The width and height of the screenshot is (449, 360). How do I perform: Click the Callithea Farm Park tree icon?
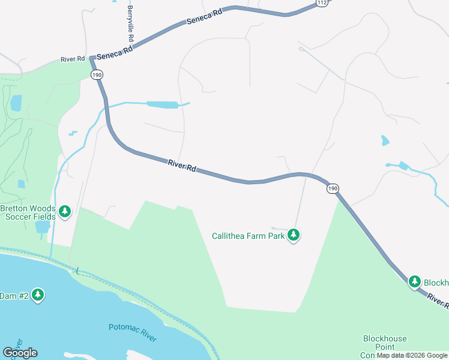click(294, 235)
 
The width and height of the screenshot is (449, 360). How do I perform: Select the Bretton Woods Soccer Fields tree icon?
click(65, 211)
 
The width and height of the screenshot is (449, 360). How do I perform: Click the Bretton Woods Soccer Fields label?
click(28, 212)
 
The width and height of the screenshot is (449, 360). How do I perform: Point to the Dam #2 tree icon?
click(38, 295)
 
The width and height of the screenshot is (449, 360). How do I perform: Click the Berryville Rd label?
click(130, 20)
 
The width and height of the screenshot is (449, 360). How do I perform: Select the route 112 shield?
click(322, 3)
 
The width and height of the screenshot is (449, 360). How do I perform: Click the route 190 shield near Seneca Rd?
click(97, 74)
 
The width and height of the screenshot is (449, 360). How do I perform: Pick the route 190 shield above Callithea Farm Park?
click(333, 188)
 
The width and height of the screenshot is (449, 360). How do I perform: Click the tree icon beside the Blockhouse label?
click(414, 281)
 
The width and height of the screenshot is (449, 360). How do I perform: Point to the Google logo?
click(20, 352)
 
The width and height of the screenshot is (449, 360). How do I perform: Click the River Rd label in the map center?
click(182, 166)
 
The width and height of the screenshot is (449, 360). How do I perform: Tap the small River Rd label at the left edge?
click(72, 59)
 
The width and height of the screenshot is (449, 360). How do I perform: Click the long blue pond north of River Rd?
click(163, 105)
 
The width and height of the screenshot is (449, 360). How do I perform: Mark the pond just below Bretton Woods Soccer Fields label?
click(42, 227)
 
